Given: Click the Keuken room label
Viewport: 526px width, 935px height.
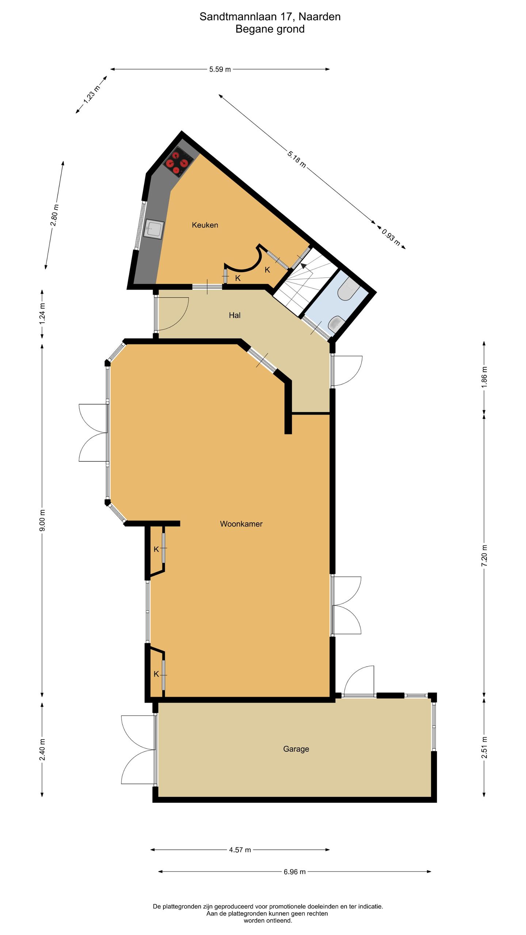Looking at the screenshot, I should coord(205,225).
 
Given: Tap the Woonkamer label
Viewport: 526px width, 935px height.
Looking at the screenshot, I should coord(241,524).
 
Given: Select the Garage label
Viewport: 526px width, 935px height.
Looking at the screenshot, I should coord(296,749).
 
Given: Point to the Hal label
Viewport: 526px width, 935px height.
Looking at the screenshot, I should coord(235,315).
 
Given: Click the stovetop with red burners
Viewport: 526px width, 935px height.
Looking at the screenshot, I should coord(178,162).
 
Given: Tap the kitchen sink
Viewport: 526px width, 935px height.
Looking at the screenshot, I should coord(154,229).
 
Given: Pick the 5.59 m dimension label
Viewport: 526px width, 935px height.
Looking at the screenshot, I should coord(220,69).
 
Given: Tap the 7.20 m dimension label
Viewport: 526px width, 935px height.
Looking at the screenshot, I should coord(484,556).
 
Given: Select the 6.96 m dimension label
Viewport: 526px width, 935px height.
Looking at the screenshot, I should coord(294,872).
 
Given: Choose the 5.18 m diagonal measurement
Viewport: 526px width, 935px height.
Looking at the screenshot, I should coord(296,159).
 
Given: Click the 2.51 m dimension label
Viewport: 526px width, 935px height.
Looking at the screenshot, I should coord(484,747).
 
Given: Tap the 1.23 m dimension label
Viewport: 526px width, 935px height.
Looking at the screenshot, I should coord(91,94).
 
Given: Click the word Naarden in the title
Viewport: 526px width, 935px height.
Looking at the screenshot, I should coord(320,17).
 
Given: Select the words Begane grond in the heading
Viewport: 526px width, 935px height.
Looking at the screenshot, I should coord(270,29).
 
